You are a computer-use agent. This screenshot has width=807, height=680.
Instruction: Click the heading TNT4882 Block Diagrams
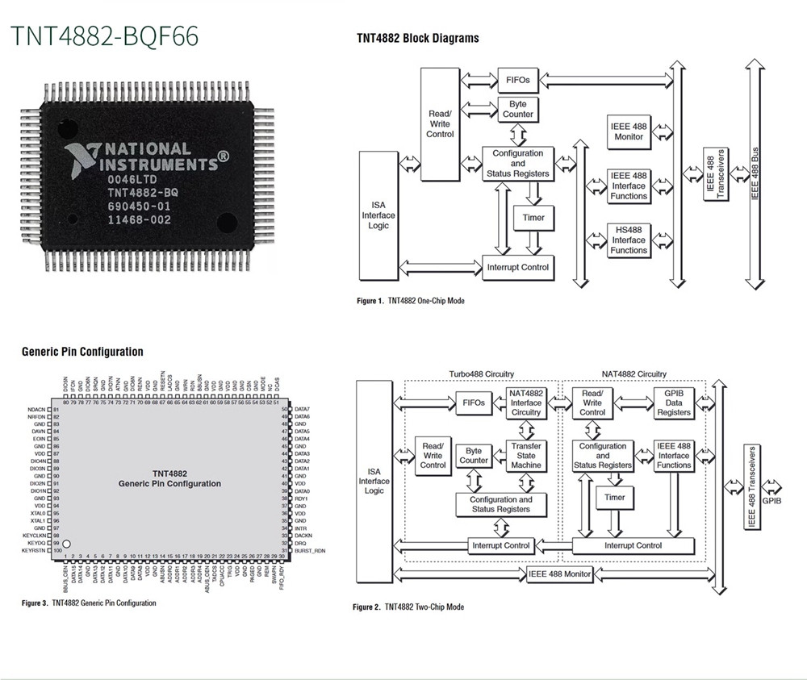(x=418, y=38)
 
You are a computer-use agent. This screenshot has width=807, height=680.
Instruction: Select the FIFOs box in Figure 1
(x=517, y=80)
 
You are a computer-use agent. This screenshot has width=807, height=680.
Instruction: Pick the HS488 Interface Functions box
(x=629, y=240)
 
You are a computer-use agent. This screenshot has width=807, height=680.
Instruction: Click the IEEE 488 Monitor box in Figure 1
(x=629, y=131)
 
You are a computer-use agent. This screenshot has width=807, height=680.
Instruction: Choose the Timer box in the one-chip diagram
(x=533, y=218)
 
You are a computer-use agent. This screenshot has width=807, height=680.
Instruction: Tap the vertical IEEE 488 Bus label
(x=756, y=173)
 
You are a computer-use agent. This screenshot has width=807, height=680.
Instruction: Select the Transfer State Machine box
(x=526, y=455)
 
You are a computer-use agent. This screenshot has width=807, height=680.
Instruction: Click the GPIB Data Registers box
(x=673, y=402)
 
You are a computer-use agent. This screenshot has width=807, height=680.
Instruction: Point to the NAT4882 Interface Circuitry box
(x=526, y=403)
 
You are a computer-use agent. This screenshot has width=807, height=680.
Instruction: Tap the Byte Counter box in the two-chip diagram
(x=474, y=456)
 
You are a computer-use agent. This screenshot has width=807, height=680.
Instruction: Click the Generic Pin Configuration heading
(x=82, y=352)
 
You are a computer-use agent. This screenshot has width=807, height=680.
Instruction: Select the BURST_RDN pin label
(x=311, y=550)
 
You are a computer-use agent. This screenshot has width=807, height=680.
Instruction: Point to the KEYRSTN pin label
(x=34, y=550)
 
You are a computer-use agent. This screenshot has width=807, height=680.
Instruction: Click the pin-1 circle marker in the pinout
(x=68, y=544)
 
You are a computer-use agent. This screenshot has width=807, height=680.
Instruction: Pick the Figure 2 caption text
(x=408, y=607)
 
